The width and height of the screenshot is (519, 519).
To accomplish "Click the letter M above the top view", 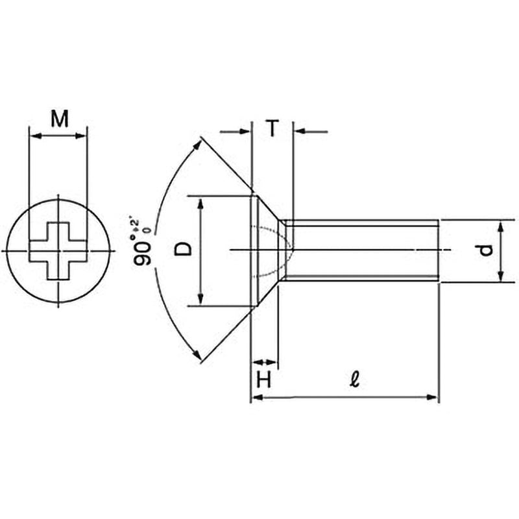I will pyautogui.click(x=59, y=119).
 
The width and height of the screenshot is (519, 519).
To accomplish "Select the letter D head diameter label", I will pyautogui.click(x=185, y=248).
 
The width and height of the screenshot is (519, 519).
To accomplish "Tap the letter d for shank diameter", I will pyautogui.click(x=488, y=250).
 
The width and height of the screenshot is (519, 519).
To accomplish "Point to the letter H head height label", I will pyautogui.click(x=263, y=380).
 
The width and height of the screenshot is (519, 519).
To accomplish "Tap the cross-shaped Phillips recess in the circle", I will pyautogui.click(x=58, y=250).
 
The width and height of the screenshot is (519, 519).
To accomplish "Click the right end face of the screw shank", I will pyautogui.click(x=439, y=250).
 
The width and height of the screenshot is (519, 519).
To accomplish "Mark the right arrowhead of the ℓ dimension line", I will pyautogui.click(x=434, y=397).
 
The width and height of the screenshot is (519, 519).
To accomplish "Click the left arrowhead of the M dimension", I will pyautogui.click(x=35, y=136).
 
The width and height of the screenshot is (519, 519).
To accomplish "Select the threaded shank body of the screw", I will pyautogui.click(x=363, y=250).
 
